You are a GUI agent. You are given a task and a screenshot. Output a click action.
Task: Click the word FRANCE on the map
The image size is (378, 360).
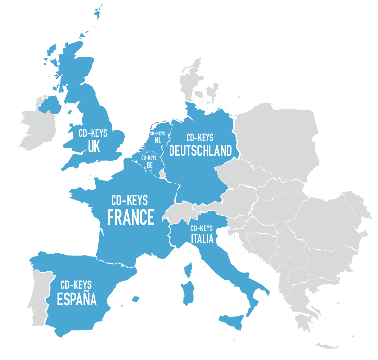click(130, 217)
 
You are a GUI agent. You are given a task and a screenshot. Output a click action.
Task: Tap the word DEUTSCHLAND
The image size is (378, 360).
click(200, 151)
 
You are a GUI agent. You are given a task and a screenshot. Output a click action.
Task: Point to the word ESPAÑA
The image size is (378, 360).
click(76, 299)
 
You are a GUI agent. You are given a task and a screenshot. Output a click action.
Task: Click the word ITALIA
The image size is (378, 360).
click(202, 239)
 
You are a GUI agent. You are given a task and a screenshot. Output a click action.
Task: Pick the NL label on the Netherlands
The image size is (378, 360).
click(157, 140)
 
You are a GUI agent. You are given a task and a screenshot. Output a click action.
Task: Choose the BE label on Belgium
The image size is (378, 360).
click(149, 165)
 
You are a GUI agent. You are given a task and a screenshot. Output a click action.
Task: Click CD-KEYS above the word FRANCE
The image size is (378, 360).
click(130, 200)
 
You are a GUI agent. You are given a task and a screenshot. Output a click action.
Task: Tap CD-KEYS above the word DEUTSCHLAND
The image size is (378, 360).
click(200, 138)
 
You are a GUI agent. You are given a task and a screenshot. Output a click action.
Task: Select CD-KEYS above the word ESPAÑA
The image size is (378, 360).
click(76, 284)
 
